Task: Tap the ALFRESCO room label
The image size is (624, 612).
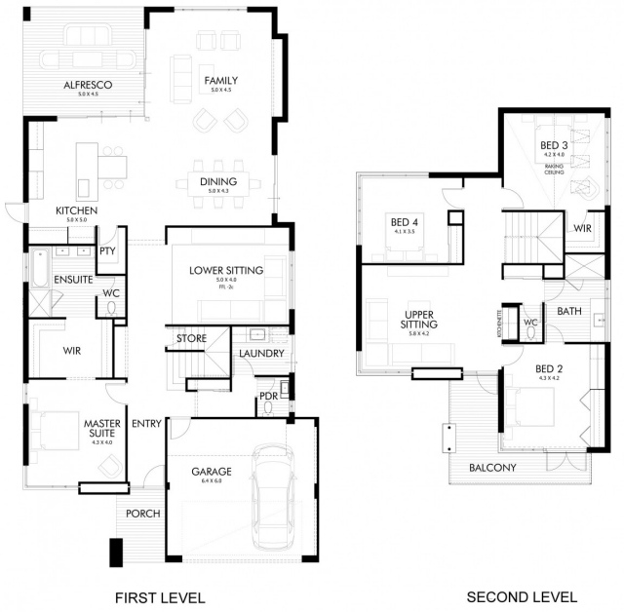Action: (x=87, y=86)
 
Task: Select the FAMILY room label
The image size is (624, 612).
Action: (x=220, y=81)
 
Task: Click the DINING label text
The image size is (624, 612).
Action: (x=218, y=181)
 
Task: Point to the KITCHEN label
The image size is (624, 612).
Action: (x=75, y=210)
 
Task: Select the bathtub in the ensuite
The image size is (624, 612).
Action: (x=39, y=268)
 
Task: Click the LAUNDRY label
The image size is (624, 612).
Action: (x=260, y=353)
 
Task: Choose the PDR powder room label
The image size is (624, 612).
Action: (x=267, y=396)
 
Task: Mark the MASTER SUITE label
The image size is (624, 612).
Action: (x=100, y=428)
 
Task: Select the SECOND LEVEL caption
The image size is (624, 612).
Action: (x=522, y=596)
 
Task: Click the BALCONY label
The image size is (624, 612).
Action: (x=491, y=468)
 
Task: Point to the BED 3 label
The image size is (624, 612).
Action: (x=553, y=147)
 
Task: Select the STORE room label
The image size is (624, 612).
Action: (x=191, y=339)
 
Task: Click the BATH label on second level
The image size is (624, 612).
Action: (x=569, y=312)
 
